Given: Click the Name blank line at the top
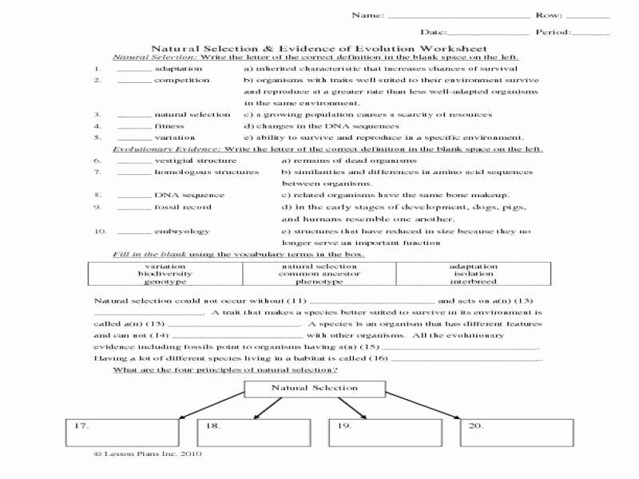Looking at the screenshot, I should tap(458, 16).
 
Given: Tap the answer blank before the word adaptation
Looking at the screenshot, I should tap(133, 69).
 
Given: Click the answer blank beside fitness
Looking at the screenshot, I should tap(133, 126).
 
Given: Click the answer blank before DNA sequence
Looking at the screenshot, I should tap(133, 195).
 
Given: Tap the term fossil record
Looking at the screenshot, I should tap(183, 207).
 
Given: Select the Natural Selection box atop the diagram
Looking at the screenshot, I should tap(314, 388).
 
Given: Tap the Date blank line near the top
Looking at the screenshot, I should tap(488, 33).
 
